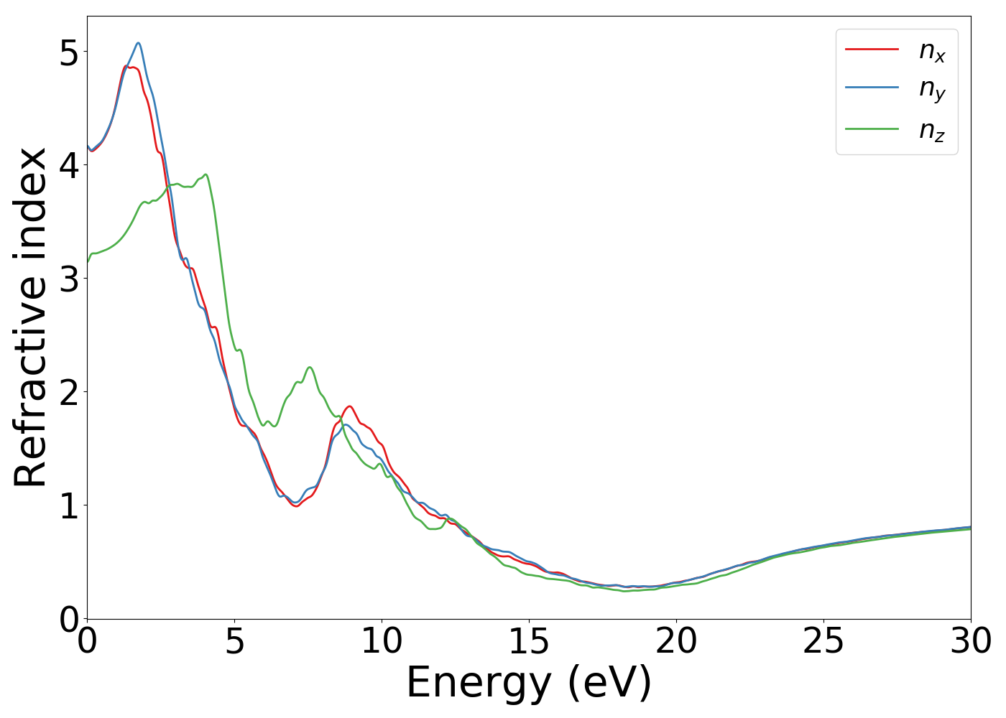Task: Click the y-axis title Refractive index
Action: [x=30, y=317]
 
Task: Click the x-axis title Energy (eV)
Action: [x=529, y=682]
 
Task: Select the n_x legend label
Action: [x=932, y=50]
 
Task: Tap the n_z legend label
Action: [x=932, y=130]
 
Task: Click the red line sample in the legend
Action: [x=872, y=49]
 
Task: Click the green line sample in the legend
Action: [x=872, y=129]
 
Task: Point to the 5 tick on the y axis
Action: [x=69, y=52]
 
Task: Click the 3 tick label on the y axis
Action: [x=69, y=279]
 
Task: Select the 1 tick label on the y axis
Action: [x=69, y=505]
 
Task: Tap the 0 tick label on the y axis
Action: [x=69, y=619]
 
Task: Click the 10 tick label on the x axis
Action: [x=382, y=641]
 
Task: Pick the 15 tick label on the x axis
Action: [x=529, y=641]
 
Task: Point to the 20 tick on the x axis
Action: [x=676, y=641]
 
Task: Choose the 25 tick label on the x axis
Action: [x=823, y=641]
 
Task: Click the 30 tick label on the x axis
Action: [x=971, y=641]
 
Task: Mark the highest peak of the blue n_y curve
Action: [x=138, y=43]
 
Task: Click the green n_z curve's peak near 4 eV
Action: [x=206, y=174]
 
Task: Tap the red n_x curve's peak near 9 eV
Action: [x=350, y=406]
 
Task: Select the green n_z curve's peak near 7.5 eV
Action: [x=310, y=367]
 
